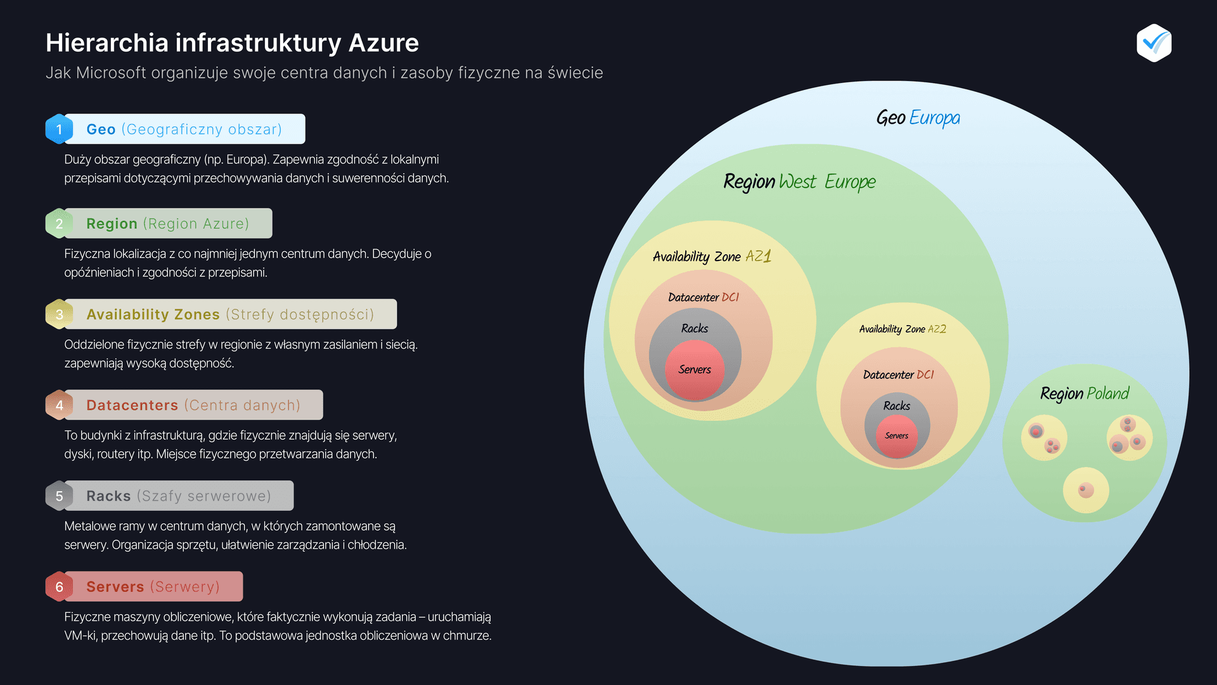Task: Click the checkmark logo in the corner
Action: tap(1154, 43)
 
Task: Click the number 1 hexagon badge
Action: tap(59, 129)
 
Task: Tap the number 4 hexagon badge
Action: tap(59, 406)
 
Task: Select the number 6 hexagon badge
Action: tap(59, 587)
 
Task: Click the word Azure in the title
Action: tap(383, 43)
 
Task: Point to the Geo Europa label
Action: tap(918, 118)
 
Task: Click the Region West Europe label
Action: tap(799, 182)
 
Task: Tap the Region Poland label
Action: tap(1085, 394)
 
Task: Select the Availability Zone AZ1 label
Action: tap(712, 257)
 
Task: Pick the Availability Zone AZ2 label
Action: tap(903, 329)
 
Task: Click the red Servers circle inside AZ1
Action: tap(695, 370)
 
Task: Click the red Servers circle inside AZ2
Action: tap(896, 436)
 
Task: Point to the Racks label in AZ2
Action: tap(896, 406)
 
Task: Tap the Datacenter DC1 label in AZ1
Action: tap(704, 297)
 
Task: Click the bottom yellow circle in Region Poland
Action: tap(1086, 490)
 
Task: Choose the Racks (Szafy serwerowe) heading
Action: tap(179, 496)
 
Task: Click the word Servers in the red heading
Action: tap(115, 587)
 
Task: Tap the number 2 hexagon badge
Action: tap(59, 224)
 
